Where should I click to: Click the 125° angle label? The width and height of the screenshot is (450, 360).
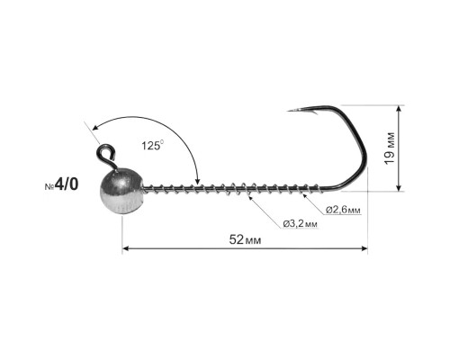click(x=153, y=145)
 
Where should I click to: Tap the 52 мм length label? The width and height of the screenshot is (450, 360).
click(x=245, y=239)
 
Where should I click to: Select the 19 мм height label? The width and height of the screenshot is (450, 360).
click(x=390, y=148)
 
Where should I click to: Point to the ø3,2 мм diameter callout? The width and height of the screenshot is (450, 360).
click(x=300, y=223)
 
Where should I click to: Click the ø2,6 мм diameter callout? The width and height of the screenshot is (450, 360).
click(x=343, y=210)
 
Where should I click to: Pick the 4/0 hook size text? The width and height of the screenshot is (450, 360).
click(x=67, y=184)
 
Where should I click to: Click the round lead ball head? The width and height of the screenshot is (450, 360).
click(x=121, y=192)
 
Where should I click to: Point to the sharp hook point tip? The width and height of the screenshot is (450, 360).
click(x=288, y=112)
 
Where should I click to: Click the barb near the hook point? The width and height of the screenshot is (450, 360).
click(x=313, y=112)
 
